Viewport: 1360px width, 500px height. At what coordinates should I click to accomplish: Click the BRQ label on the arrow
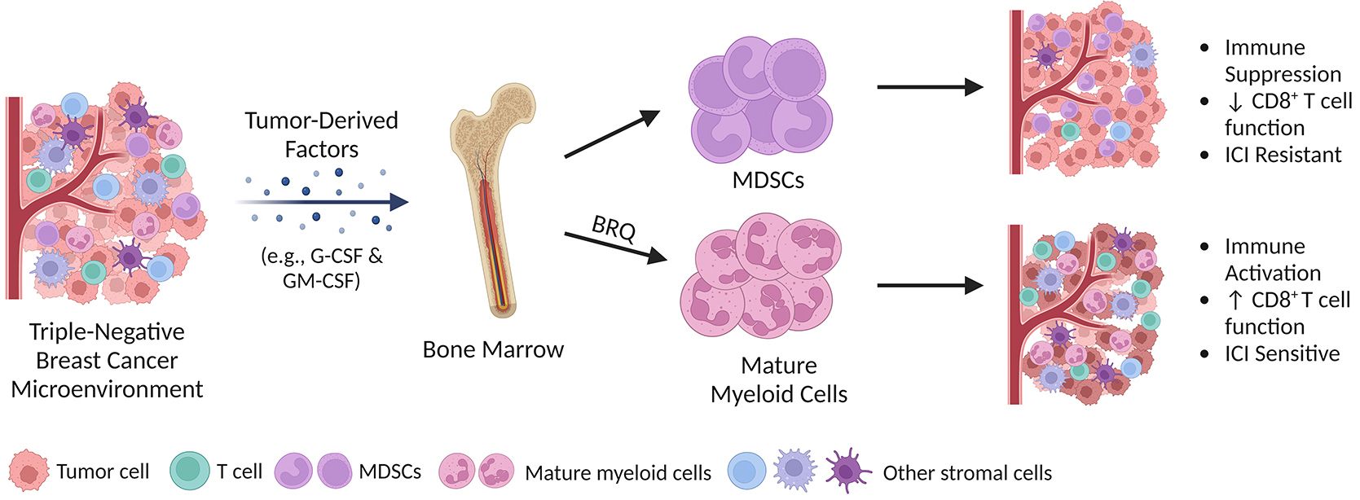click(614, 229)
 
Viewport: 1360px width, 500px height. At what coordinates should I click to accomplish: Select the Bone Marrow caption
click(493, 349)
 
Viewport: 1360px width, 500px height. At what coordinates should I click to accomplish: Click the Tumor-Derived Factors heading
click(322, 135)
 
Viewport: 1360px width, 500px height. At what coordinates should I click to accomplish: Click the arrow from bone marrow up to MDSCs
click(611, 134)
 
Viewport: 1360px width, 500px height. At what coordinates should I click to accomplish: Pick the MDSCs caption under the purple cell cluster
click(768, 180)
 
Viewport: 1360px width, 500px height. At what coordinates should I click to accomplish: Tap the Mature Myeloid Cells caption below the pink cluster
click(779, 379)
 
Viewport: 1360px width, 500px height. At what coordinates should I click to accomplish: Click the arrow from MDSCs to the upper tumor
click(930, 87)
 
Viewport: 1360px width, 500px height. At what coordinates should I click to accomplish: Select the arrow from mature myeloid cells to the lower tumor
click(930, 285)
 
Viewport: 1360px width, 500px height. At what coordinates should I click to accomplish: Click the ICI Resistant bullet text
click(1283, 155)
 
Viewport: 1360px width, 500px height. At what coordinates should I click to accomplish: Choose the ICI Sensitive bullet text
click(1282, 353)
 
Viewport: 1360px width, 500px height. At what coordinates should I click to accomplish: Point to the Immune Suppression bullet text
click(1282, 61)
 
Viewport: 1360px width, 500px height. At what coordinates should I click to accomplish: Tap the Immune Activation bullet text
click(1272, 260)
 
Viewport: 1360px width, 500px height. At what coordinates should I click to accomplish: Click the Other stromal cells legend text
click(967, 472)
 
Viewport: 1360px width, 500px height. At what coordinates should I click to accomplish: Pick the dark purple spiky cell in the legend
click(848, 470)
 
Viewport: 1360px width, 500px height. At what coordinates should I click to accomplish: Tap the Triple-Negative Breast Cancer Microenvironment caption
click(107, 360)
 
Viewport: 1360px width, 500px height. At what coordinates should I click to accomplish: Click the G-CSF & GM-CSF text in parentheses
click(322, 268)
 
